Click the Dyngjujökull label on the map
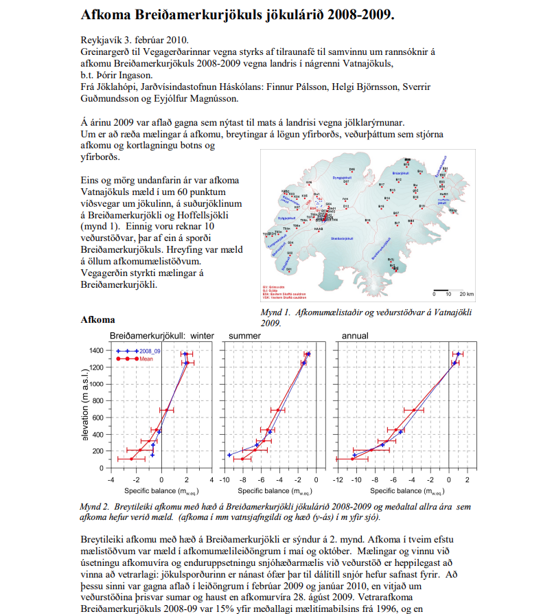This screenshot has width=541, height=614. [342, 177]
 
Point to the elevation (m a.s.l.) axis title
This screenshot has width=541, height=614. [85, 408]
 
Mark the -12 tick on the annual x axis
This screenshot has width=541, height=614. [336, 478]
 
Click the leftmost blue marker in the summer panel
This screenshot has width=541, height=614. [229, 455]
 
